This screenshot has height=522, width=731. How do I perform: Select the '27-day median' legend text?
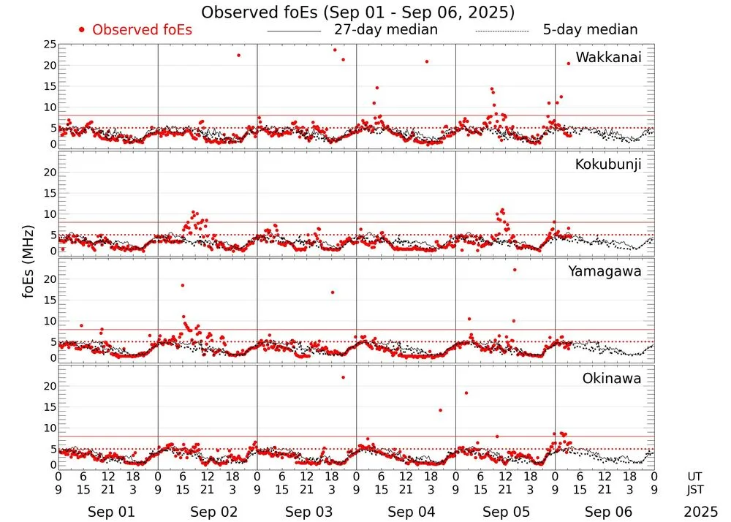tap(385, 30)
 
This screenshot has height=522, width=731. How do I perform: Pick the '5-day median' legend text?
tap(590, 30)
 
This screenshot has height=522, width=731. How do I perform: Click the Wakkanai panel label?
tap(608, 58)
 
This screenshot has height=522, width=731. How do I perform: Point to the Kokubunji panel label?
tap(608, 164)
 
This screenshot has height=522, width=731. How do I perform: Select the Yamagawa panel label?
tap(605, 272)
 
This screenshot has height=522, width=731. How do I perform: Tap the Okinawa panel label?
tap(611, 379)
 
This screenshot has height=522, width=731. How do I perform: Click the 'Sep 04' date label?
tap(411, 512)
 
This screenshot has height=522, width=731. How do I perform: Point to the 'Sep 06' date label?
tap(608, 512)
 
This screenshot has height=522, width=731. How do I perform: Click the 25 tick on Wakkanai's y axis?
tap(50, 45)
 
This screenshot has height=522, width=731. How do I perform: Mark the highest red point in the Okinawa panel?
tap(343, 377)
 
